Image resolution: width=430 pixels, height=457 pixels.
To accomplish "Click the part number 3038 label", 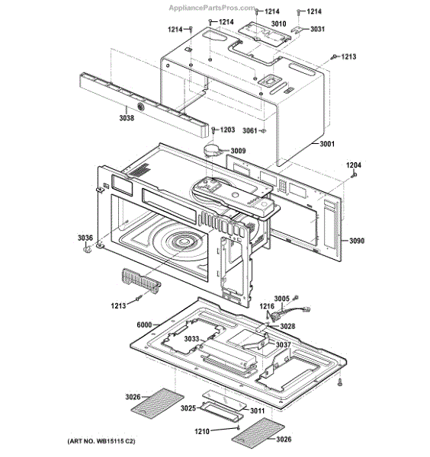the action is tap(127, 118).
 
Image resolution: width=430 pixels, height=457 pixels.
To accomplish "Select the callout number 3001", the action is tap(327, 144).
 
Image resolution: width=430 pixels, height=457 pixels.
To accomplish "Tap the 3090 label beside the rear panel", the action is tap(357, 241).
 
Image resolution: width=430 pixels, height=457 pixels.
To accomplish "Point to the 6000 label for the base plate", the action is tap(144, 324).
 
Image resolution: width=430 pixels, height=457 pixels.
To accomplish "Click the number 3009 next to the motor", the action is tap(238, 151).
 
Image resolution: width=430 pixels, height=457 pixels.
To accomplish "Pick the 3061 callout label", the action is tap(250, 131).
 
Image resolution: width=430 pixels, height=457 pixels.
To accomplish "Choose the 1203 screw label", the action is tap(227, 129).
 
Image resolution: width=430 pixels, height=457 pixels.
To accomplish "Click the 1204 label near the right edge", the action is tap(354, 165).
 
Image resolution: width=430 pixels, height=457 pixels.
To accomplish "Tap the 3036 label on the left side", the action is tap(85, 238).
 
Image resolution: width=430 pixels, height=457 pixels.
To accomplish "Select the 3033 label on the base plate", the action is tap(191, 339).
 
